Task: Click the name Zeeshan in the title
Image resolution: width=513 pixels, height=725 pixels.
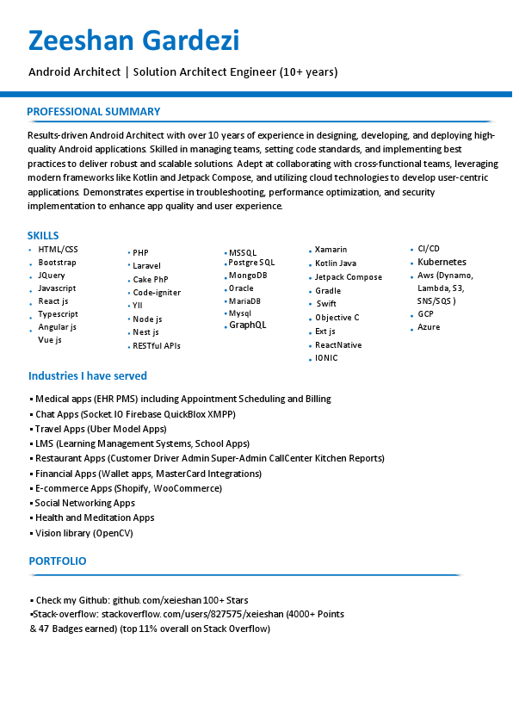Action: tap(78, 40)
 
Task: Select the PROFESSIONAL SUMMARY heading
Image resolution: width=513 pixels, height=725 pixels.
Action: tap(93, 112)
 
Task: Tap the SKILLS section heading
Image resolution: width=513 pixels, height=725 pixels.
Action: tap(43, 235)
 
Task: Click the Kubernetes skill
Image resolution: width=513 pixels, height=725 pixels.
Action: tap(442, 262)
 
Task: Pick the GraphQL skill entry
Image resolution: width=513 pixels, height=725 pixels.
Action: tap(248, 325)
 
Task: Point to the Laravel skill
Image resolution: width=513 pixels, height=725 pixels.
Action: tap(146, 266)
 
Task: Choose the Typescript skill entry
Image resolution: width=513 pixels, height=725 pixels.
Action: tap(58, 314)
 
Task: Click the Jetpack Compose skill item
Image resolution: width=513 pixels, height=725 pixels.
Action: tap(349, 277)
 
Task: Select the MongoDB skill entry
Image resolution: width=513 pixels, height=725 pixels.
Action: tap(248, 276)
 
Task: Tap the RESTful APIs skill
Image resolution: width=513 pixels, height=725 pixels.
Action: tap(157, 346)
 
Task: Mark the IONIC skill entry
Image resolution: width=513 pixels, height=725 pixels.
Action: tap(326, 357)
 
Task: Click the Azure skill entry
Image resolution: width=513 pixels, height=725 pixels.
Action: tap(429, 327)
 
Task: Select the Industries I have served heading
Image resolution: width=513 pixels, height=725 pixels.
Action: tap(88, 376)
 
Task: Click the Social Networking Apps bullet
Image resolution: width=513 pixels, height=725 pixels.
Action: tap(85, 503)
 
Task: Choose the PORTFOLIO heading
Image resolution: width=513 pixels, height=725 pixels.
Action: tap(58, 561)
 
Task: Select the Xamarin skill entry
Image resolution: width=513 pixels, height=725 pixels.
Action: tap(331, 250)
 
